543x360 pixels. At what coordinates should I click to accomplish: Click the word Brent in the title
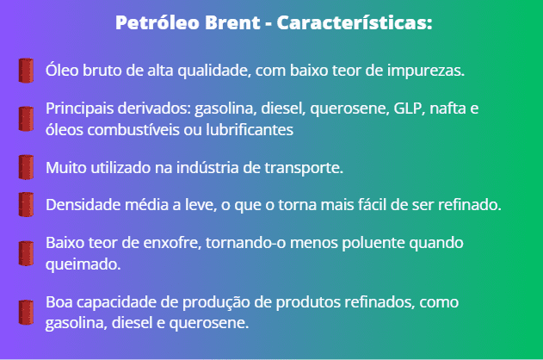click(x=232, y=23)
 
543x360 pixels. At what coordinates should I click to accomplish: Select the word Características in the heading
click(x=355, y=23)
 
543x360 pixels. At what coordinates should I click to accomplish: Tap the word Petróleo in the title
click(x=157, y=23)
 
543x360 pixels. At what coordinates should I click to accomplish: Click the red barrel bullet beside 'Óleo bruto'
click(x=26, y=71)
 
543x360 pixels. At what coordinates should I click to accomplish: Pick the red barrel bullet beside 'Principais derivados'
click(x=26, y=119)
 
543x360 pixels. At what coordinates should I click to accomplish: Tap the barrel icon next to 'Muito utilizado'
click(x=26, y=167)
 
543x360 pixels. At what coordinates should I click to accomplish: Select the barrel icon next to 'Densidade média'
click(x=26, y=204)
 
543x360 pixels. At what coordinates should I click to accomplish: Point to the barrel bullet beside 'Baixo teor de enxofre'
click(x=26, y=253)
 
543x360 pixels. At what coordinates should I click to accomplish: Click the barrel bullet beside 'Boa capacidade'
click(x=26, y=312)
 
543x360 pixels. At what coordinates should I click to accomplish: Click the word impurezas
click(x=426, y=71)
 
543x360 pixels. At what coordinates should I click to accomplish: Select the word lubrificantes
click(x=250, y=130)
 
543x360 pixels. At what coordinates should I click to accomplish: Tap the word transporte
click(x=304, y=168)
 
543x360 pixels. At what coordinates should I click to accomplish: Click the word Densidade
click(x=83, y=205)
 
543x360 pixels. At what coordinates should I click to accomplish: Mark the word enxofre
click(x=172, y=243)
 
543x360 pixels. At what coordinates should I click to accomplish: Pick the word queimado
click(x=83, y=264)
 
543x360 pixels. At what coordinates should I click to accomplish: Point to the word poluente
click(x=373, y=243)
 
